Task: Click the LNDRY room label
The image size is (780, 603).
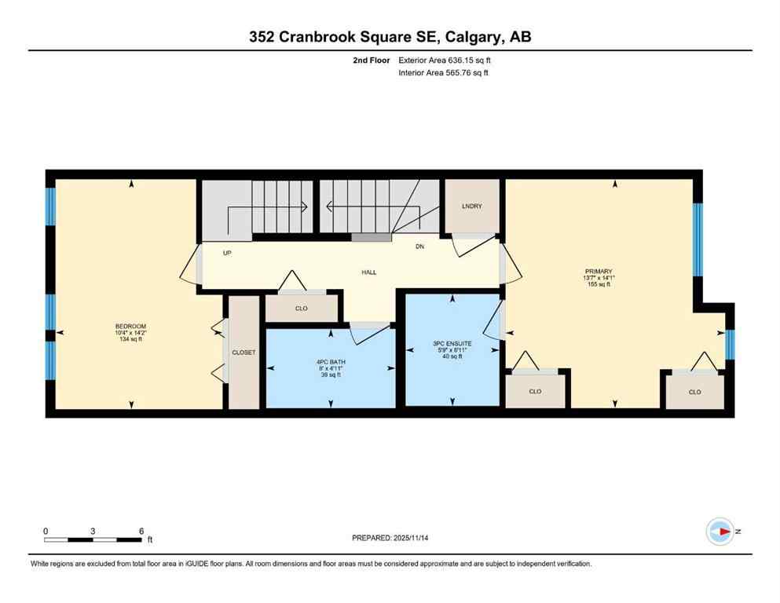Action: point(471,206)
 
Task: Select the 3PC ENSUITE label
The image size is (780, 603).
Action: point(451,343)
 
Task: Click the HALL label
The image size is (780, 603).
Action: point(368,272)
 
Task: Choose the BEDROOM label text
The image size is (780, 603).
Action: point(130,327)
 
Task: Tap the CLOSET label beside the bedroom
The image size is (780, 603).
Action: point(244,353)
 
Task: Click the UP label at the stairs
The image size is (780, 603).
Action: point(228,253)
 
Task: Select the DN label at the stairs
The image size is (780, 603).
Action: point(419,246)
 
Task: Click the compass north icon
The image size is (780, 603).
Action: point(720,532)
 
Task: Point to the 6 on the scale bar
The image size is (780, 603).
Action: point(141,531)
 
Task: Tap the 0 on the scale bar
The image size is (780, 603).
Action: point(46,531)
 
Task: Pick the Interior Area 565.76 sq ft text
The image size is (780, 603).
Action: point(445,73)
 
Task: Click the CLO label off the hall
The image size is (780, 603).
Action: point(301,309)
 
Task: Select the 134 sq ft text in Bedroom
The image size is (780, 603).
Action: point(130,340)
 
